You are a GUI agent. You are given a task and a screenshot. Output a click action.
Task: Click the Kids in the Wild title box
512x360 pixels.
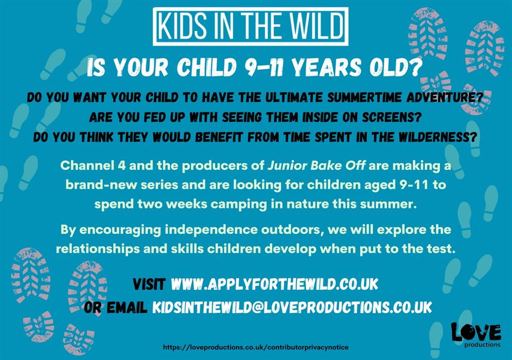251,26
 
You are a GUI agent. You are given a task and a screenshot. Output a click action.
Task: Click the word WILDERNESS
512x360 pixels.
439,137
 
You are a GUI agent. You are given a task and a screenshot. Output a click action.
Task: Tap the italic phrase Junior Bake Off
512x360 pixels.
316,165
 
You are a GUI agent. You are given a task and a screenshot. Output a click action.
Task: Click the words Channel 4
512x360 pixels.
93,165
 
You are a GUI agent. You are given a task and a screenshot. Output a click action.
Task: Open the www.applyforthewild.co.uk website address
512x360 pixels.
275,284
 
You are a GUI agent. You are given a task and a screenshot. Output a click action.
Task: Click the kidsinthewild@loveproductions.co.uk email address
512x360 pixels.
292,307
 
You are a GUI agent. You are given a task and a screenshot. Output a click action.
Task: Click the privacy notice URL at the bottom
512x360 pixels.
255,347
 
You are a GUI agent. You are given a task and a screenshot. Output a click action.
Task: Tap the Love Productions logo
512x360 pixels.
476,335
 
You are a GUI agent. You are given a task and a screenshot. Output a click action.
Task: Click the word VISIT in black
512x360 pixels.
149,284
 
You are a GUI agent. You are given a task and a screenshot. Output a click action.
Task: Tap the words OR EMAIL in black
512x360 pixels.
115,307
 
